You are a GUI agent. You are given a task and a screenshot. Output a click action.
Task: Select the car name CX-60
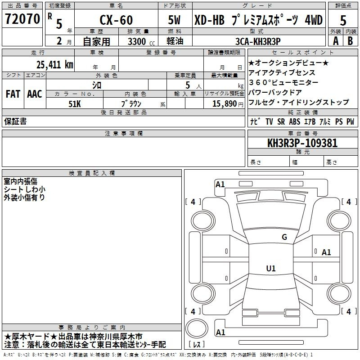click(116, 21)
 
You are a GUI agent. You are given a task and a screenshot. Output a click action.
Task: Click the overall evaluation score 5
click(343, 21)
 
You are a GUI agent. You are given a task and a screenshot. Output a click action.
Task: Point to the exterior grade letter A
click(335, 40)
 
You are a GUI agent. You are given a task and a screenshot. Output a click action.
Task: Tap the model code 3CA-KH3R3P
click(258, 40)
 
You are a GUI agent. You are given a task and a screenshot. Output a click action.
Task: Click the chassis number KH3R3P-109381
click(302, 144)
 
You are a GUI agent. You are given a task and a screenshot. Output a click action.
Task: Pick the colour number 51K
click(74, 103)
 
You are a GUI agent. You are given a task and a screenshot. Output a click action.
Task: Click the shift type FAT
click(13, 94)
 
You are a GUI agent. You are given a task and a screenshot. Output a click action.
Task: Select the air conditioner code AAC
click(35, 94)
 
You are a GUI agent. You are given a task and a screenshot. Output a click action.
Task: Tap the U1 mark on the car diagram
click(270, 269)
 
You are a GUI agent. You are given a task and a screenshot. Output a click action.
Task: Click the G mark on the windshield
click(284, 237)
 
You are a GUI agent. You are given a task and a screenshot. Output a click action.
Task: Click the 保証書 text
click(15, 121)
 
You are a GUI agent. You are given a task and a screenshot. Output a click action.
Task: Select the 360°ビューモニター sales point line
click(283, 82)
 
